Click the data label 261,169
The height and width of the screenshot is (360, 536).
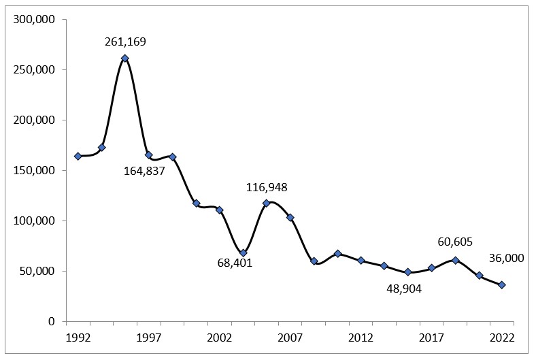(x=125, y=42)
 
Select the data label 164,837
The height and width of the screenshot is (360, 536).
(x=144, y=171)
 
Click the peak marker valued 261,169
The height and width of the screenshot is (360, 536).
(x=125, y=58)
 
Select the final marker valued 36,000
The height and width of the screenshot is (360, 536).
(x=502, y=284)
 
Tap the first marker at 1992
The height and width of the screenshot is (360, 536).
(x=78, y=156)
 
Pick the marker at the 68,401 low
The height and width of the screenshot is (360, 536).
(x=243, y=252)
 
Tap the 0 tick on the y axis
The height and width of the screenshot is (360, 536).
(x=51, y=321)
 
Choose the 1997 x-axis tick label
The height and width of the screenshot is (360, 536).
(x=148, y=338)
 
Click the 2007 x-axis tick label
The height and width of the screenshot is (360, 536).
(x=290, y=338)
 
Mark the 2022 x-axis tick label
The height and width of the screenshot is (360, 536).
(x=502, y=338)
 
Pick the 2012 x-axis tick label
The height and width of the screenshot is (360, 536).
(x=361, y=338)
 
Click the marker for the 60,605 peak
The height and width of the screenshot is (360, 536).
(x=455, y=260)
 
